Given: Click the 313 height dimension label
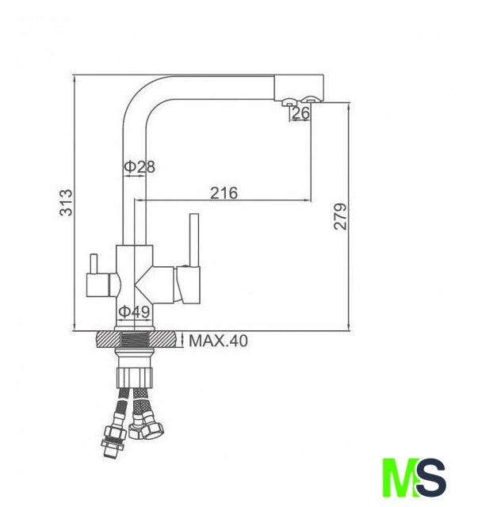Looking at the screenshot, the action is pyautogui.click(x=67, y=203).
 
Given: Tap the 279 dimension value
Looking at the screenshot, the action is pyautogui.click(x=340, y=216).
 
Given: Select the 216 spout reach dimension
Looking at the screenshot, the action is pyautogui.click(x=224, y=193).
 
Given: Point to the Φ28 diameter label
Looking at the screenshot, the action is pyautogui.click(x=140, y=166).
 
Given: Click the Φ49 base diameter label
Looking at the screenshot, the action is pyautogui.click(x=134, y=311).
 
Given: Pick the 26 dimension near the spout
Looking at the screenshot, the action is pyautogui.click(x=300, y=112).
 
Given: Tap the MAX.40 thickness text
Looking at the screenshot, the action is pyautogui.click(x=219, y=341).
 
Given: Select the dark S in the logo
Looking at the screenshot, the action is pyautogui.click(x=430, y=477).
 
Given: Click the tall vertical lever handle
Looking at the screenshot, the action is pyautogui.click(x=194, y=240).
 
